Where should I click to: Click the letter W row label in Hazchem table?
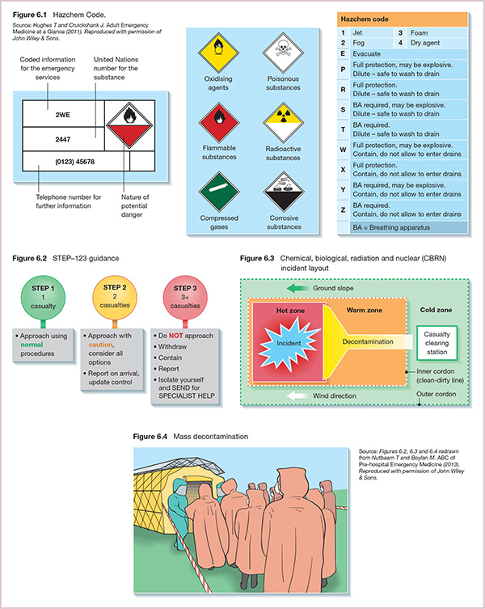coord(343,149)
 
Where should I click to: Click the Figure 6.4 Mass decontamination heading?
coord(190,437)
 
